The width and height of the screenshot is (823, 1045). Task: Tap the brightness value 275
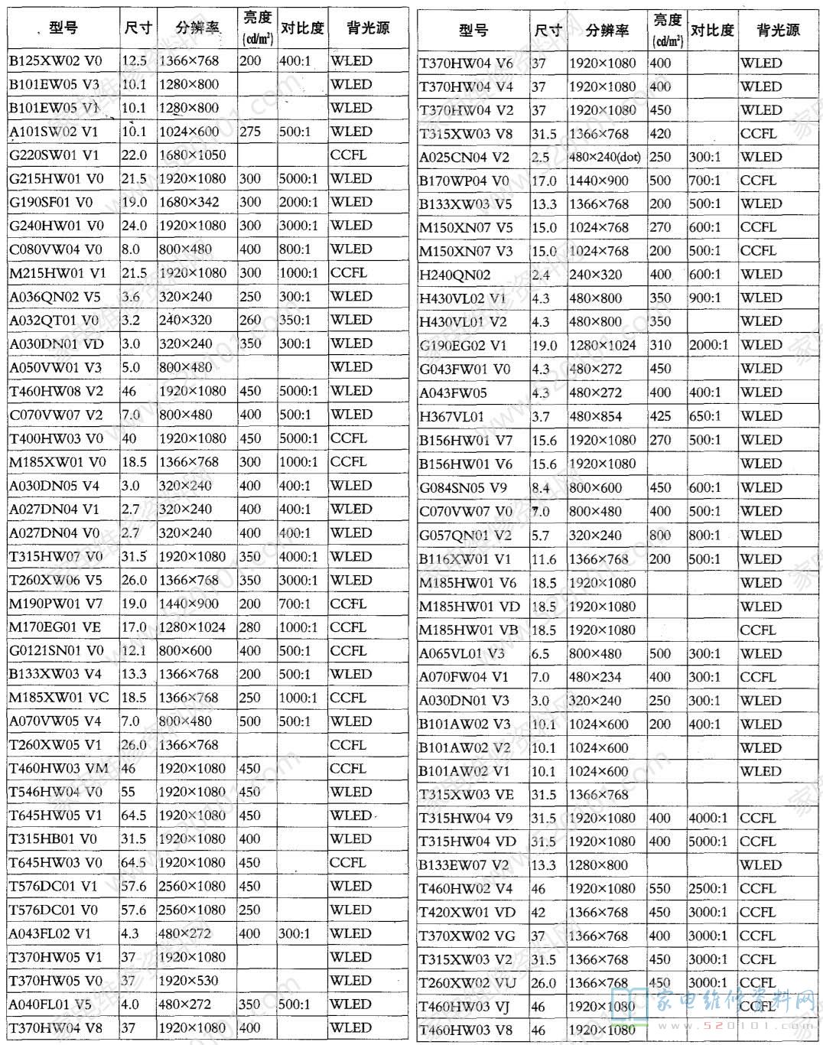tap(250, 132)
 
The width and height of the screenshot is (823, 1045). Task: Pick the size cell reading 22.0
tap(134, 155)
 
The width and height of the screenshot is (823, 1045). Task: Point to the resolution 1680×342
tap(188, 203)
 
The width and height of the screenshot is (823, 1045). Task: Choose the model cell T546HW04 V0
tap(56, 792)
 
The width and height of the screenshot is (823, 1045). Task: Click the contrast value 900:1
tap(704, 298)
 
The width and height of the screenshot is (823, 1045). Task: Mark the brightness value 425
tap(660, 417)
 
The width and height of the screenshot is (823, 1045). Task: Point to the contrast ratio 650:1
tap(704, 417)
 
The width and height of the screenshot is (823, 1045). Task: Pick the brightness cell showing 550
tap(660, 889)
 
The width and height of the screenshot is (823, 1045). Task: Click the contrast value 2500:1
tap(708, 889)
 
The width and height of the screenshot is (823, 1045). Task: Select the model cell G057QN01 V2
tap(465, 536)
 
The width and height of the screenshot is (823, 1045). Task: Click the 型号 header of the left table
tap(63, 28)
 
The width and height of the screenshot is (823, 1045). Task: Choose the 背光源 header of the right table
tap(778, 31)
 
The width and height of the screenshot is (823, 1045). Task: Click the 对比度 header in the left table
tap(302, 28)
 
